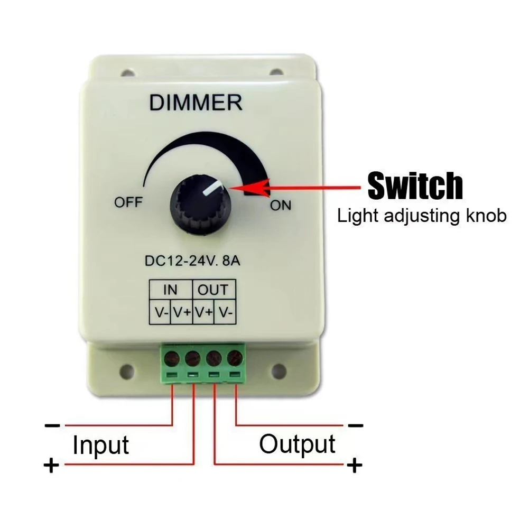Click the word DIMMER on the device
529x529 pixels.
coord(196,103)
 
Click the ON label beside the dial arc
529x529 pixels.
coord(281,206)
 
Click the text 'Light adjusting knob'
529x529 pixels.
coord(422,216)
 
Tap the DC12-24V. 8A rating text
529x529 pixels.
coord(192,261)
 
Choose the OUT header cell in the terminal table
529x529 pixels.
coord(214,289)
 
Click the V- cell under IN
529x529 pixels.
coord(161,312)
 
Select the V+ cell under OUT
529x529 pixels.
coord(203,312)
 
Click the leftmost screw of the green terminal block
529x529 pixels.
coord(171,359)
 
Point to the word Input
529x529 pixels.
coord(100,444)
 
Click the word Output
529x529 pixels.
coord(297,444)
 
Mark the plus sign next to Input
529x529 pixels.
coord(51,466)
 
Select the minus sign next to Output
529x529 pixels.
coord(356,425)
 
